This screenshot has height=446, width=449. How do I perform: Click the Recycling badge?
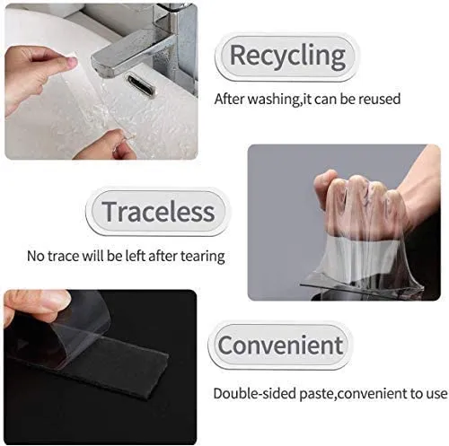coord(286,56)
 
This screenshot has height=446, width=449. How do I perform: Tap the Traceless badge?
coord(158,212)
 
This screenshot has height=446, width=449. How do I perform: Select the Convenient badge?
coord(280,345)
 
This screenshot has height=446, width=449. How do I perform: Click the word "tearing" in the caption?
coord(201,257)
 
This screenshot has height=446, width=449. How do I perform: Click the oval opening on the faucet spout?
coord(141,83)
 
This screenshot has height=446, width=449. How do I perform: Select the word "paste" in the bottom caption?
coord(316,393)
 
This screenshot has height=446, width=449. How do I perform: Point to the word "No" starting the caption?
coord(35,257)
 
